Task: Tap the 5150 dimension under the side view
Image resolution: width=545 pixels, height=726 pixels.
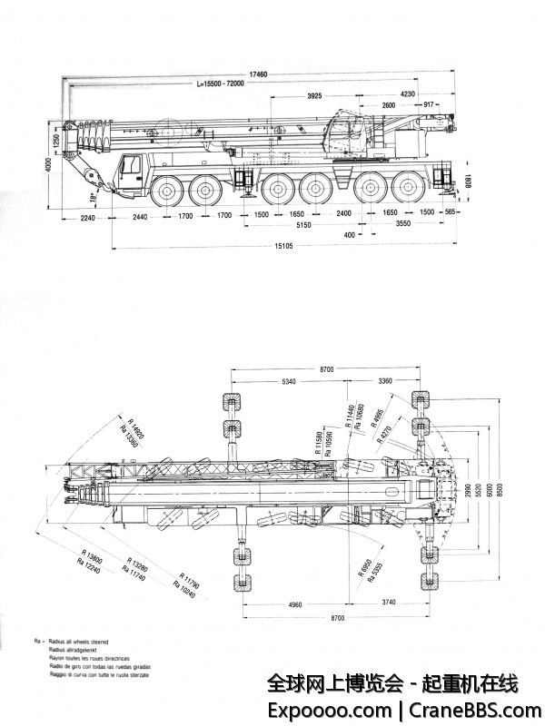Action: pos(303,225)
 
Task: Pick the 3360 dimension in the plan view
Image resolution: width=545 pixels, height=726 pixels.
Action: pos(386,381)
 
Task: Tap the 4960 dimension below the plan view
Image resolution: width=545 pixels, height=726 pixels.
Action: pos(290,603)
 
